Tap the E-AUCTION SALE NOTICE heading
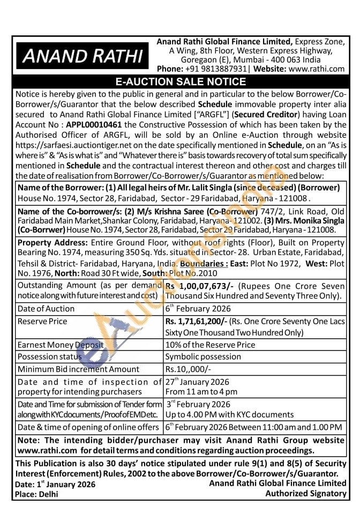[x=180, y=82]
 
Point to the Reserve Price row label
[x=42, y=321]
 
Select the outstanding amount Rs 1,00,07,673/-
[x=198, y=286]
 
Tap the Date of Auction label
[x=46, y=309]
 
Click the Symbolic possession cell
[x=203, y=356]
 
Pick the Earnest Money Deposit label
[x=59, y=345]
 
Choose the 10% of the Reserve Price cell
[x=210, y=345]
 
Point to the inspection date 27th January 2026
[x=197, y=382]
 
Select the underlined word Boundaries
[x=204, y=264]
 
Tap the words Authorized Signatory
[x=306, y=493]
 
